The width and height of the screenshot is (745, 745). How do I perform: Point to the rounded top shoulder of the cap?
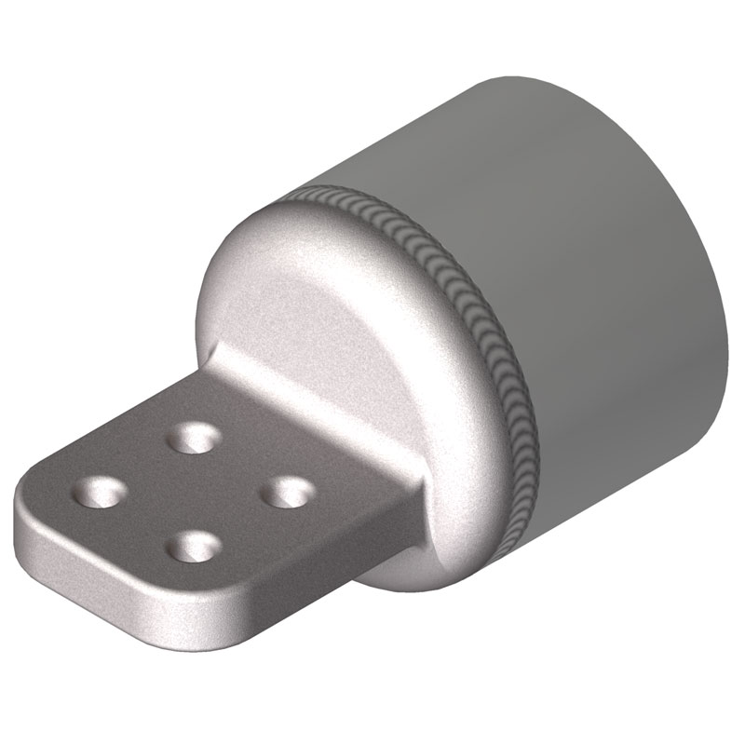tap(279, 223)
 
